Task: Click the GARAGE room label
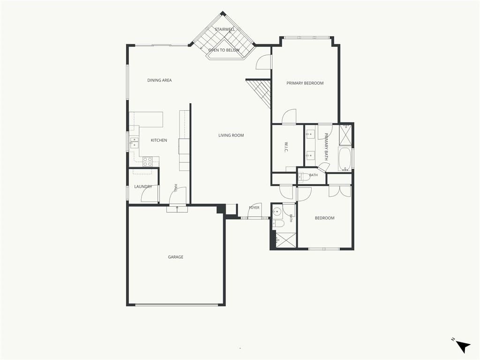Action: click(175, 257)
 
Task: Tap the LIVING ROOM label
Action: click(231, 135)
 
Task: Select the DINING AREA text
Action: click(159, 80)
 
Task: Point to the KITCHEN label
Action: click(159, 140)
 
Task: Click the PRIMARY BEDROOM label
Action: click(305, 83)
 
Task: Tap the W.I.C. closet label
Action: click(286, 147)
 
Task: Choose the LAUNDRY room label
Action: click(143, 187)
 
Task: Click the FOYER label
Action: click(254, 208)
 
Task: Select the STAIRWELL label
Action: click(225, 30)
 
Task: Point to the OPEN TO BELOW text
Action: click(224, 50)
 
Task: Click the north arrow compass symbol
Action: click(462, 346)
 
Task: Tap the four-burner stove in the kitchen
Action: click(148, 161)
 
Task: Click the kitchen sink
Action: click(134, 142)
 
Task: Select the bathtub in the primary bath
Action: click(345, 159)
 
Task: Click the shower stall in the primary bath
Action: click(345, 134)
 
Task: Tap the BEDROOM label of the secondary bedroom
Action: click(324, 218)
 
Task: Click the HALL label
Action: click(176, 188)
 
